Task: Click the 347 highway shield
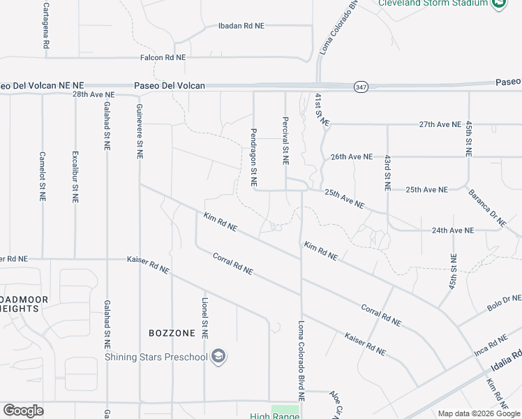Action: point(360,86)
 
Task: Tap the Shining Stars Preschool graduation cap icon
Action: point(219,357)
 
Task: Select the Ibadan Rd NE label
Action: point(241,26)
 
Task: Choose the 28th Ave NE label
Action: point(93,94)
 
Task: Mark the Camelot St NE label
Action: point(43,177)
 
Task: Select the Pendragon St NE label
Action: point(254,157)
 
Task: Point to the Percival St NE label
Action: point(285,140)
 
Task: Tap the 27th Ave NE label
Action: point(440,124)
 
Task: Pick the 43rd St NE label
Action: point(386,174)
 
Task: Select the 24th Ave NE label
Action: point(452,230)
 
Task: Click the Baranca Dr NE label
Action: point(486,209)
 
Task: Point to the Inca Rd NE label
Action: point(488,342)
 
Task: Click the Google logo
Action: point(24,411)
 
